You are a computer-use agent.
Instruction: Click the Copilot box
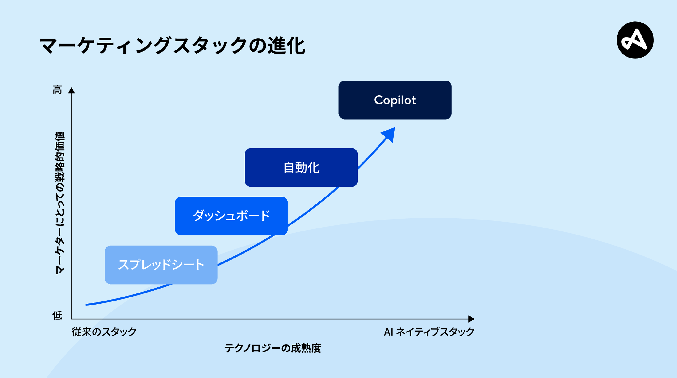(x=395, y=100)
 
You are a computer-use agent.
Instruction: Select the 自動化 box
(x=301, y=167)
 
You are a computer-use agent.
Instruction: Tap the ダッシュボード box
(x=231, y=216)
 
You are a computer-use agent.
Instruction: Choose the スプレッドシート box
(x=161, y=265)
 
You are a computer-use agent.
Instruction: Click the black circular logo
(x=635, y=40)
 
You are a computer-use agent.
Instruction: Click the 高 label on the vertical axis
(x=57, y=90)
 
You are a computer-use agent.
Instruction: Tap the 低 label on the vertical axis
(x=57, y=315)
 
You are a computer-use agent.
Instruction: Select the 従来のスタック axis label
(x=104, y=332)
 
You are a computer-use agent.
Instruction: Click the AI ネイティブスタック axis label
(x=429, y=332)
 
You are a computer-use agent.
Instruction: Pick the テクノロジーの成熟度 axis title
(x=273, y=348)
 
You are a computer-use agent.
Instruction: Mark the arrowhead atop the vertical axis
(x=71, y=91)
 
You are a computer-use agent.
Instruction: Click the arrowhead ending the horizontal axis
(x=472, y=319)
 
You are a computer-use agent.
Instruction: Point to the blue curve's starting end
(x=87, y=305)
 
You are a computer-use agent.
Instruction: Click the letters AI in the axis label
(x=388, y=332)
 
